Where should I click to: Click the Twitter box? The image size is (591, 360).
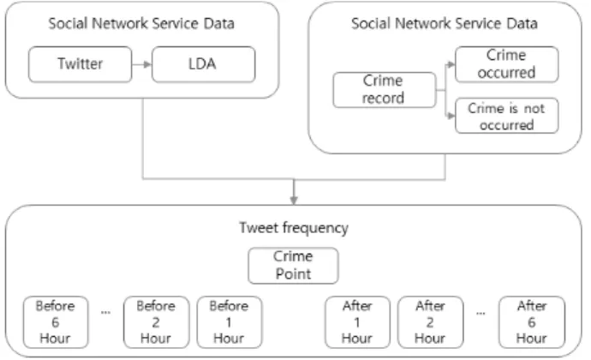(80, 64)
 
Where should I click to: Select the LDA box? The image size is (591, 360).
(204, 64)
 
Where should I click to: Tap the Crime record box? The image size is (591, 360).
(385, 90)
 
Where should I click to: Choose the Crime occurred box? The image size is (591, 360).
(507, 64)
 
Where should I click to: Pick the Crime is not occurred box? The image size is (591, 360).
(507, 116)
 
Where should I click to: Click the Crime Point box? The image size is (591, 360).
(293, 266)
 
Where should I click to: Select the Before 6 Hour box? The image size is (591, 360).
(56, 322)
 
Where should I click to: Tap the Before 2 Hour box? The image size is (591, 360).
(156, 322)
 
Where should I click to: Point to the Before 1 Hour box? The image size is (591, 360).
(230, 322)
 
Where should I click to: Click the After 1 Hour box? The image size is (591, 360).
(357, 322)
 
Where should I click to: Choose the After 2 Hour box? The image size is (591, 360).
(431, 322)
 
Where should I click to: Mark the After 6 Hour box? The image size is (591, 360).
(532, 322)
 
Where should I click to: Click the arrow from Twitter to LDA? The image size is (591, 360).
(141, 64)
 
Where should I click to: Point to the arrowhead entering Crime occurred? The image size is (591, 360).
(451, 64)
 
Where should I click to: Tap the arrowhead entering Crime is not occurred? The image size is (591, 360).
(451, 116)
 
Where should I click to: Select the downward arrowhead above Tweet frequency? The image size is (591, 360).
(294, 200)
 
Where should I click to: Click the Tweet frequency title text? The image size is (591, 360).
(294, 228)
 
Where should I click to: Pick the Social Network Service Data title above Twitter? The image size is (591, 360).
(141, 23)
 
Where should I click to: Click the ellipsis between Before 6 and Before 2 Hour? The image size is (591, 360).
(106, 313)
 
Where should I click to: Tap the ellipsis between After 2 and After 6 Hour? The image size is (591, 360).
(481, 313)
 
